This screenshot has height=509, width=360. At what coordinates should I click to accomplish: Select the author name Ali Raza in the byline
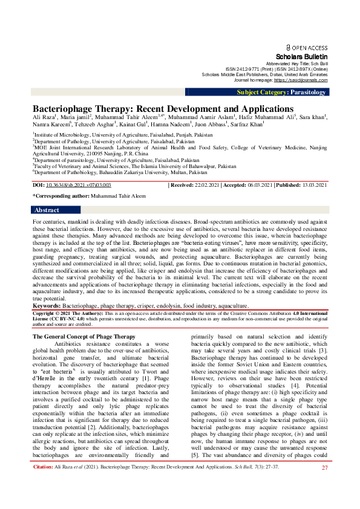tap(43, 117)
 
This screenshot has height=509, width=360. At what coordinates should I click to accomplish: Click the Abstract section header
tap(47, 210)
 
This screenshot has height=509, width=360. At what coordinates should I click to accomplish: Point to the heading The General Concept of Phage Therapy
tap(83, 336)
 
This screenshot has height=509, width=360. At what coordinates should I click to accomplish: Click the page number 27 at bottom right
tap(324, 502)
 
